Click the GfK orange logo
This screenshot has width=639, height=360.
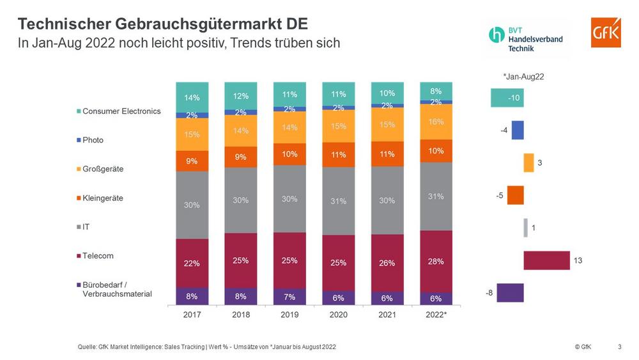coord(605,32)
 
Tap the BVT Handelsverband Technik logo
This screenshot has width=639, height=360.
coord(526,38)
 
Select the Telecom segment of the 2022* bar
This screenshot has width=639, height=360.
coord(436,261)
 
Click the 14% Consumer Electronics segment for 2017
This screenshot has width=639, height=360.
coord(192,97)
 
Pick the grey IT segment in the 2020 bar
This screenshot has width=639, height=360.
coord(338,201)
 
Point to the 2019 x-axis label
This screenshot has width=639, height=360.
coord(289,315)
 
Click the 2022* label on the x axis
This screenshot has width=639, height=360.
coord(436,315)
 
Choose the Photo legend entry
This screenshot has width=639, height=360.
coord(93,140)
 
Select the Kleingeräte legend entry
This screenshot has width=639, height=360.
coord(103,198)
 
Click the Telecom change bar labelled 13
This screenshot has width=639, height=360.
coord(546,260)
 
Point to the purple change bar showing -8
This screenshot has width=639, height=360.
coord(510,293)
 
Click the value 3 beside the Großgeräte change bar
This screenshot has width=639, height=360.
coord(540,163)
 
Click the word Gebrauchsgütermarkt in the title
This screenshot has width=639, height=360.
coord(201,24)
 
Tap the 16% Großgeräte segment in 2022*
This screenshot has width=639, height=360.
coord(436,121)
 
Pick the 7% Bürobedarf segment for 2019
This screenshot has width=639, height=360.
coord(289,297)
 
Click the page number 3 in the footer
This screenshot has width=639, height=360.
coord(619,347)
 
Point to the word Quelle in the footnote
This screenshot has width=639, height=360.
coord(88,347)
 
